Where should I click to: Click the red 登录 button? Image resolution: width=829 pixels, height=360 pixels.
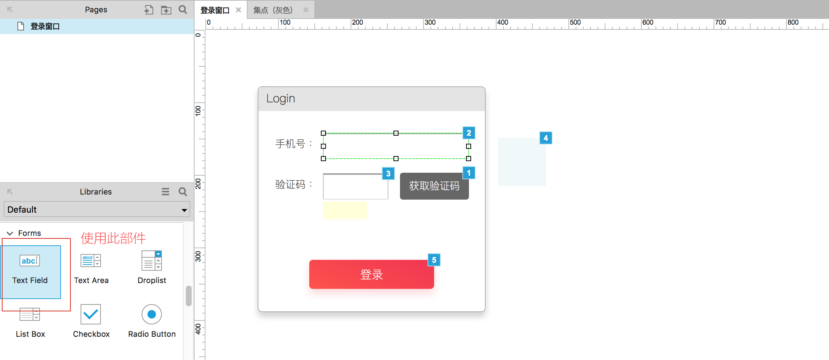(x=371, y=274)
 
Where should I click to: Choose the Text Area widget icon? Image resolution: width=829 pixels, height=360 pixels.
(x=91, y=261)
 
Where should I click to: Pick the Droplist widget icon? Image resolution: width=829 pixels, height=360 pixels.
(x=152, y=261)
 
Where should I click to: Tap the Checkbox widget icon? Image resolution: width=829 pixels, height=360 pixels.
(x=91, y=314)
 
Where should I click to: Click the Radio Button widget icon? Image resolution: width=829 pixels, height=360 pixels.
(x=152, y=314)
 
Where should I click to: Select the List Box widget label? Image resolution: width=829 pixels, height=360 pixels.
(x=30, y=334)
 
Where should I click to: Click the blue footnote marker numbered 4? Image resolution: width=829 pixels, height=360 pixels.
(x=546, y=138)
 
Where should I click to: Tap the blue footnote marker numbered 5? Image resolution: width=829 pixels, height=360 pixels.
(x=434, y=260)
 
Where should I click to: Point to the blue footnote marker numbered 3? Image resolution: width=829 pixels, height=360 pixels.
(x=388, y=173)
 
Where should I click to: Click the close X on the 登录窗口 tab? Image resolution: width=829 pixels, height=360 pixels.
(x=238, y=10)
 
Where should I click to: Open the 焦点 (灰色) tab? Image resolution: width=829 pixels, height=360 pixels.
(x=273, y=10)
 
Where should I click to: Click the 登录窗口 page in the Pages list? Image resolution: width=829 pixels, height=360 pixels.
(x=45, y=26)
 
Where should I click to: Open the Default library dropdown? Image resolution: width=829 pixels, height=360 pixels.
(x=97, y=209)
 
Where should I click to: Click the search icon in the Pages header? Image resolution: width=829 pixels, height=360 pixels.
(x=183, y=10)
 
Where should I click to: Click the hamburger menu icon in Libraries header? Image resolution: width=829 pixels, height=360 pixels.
(x=166, y=192)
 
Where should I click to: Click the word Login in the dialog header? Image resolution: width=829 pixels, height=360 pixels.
(x=281, y=99)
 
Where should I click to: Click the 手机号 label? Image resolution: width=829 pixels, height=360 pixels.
(x=290, y=144)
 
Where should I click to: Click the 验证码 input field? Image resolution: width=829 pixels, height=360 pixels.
(x=356, y=187)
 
